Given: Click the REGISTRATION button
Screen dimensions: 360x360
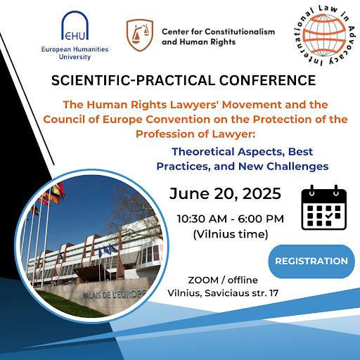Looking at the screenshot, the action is (x=311, y=262).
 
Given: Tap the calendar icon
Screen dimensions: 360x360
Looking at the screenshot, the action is (x=323, y=207).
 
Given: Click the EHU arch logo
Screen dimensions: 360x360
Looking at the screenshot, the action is (x=75, y=25).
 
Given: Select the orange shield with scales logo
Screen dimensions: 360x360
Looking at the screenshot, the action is (x=140, y=35).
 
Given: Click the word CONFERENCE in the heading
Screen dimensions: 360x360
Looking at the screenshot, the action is (x=267, y=80).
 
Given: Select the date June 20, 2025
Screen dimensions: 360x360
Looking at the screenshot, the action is (x=225, y=193).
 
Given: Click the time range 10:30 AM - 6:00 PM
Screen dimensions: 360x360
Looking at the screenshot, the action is (x=231, y=219).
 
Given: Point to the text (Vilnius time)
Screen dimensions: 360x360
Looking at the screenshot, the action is (x=231, y=234).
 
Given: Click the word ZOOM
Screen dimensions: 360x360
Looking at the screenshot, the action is (x=203, y=281).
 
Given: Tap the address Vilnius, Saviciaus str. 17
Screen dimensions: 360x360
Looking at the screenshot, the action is (x=223, y=293).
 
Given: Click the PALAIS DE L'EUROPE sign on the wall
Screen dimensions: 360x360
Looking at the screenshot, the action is (x=114, y=295).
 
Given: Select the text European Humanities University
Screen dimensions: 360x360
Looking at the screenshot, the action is (x=75, y=53).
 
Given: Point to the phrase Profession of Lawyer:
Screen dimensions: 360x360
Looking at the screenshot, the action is (x=195, y=134).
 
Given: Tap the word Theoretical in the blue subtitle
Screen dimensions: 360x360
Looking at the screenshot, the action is (x=203, y=152).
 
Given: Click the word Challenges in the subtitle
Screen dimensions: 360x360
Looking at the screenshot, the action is (x=297, y=167).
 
